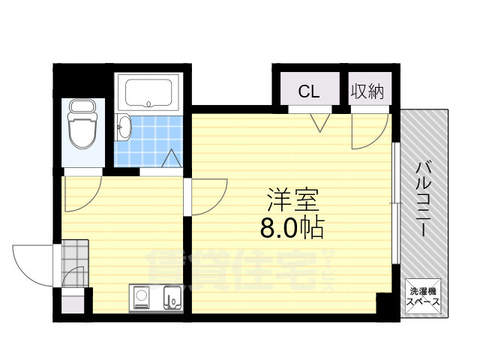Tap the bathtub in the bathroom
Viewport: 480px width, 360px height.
coord(149,92)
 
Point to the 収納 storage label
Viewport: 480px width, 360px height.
coord(367,91)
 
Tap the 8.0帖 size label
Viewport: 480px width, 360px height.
coord(292,227)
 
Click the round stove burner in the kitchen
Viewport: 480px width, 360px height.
coord(141,298)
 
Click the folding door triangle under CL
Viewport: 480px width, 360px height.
coord(321,121)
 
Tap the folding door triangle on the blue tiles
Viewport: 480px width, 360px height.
coord(170,159)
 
